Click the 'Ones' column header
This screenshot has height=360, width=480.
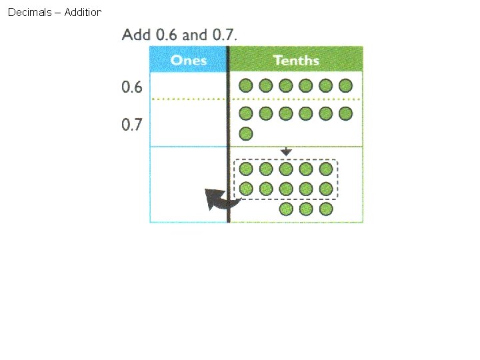[x=189, y=61]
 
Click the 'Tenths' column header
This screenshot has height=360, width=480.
[x=296, y=61]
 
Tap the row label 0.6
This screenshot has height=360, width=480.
[x=132, y=87]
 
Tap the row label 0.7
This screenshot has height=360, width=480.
[x=132, y=125]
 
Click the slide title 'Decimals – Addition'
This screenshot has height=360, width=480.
[x=54, y=13]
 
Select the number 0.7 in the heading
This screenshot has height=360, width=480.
[x=224, y=34]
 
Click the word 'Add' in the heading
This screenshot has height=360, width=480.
[x=136, y=34]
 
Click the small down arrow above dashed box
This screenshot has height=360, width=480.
[x=286, y=152]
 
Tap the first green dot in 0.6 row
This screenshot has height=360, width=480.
[x=246, y=85]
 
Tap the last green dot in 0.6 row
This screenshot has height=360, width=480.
[x=345, y=85]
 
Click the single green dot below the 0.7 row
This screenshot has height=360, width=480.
[x=246, y=133]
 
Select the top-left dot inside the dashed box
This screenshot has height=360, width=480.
[x=246, y=169]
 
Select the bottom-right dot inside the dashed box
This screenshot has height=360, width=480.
[x=326, y=189]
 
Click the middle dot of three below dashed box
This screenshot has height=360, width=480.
[x=306, y=209]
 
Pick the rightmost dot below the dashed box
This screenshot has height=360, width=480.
[x=326, y=209]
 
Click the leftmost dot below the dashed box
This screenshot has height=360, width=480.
[x=286, y=209]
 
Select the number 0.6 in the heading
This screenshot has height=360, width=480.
[x=167, y=34]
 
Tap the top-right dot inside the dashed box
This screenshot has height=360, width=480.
[x=326, y=169]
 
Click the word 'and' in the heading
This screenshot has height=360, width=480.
[x=195, y=34]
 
